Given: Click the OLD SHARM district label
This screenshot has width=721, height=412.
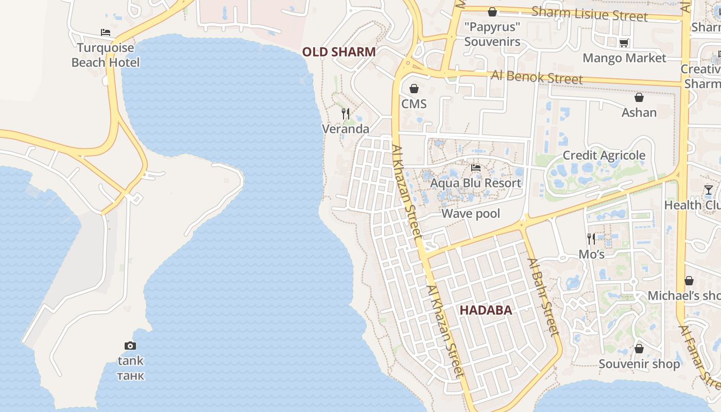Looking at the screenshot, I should click(338, 52).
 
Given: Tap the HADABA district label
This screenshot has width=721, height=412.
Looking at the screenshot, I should click(486, 310).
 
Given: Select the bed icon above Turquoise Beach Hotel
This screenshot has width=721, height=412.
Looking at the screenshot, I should click(106, 32).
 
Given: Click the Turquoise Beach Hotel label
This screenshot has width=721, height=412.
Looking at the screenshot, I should click(106, 55).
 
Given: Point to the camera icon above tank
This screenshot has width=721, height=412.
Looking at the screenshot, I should click(130, 346).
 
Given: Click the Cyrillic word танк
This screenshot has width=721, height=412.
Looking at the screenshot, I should click(130, 375).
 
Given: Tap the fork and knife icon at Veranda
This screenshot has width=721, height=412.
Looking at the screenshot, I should click(346, 113).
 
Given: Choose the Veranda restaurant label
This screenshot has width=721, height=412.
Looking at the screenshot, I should click(346, 129).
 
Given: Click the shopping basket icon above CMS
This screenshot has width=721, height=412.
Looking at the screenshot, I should click(414, 89).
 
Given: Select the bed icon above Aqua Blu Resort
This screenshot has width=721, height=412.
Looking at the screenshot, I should click(475, 168).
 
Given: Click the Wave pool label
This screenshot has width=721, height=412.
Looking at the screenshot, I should click(471, 213).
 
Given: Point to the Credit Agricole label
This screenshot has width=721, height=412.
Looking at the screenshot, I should click(604, 155).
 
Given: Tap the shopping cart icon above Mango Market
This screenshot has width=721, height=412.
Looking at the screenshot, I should click(624, 43).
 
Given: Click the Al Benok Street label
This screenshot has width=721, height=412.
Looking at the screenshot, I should click(537, 77).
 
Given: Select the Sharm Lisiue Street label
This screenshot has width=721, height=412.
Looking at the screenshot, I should click(589, 14).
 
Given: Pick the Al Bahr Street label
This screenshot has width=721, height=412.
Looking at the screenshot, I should click(543, 298).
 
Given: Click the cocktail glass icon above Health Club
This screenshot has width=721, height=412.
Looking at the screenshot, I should click(709, 190).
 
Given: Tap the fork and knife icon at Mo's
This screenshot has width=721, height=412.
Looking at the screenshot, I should click(591, 238).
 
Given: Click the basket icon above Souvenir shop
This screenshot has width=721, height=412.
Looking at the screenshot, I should click(639, 349).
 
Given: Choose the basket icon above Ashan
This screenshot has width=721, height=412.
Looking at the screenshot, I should click(639, 97).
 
